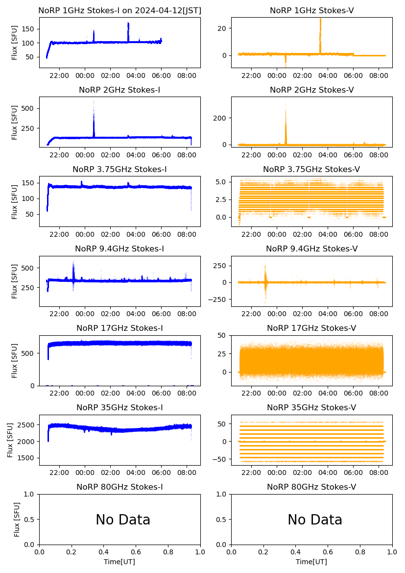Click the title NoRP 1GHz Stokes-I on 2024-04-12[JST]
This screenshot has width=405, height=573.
tap(120, 10)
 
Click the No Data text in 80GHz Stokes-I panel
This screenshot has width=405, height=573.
tap(123, 520)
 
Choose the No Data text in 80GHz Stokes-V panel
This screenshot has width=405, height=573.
tap(315, 520)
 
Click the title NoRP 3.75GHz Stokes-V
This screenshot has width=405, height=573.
tap(311, 169)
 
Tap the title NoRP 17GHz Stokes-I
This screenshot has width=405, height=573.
tap(119, 328)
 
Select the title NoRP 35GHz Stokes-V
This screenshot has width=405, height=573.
tap(311, 407)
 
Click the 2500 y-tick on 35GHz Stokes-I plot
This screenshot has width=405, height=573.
tap(27, 425)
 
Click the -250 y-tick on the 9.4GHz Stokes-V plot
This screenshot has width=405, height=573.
tap(218, 299)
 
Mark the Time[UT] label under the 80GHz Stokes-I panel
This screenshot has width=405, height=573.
tap(119, 562)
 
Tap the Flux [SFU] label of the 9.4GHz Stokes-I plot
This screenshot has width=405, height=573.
tap(15, 281)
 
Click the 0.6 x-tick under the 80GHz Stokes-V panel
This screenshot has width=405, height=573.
tap(328, 552)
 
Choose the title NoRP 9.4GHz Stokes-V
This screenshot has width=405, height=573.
tap(311, 249)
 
